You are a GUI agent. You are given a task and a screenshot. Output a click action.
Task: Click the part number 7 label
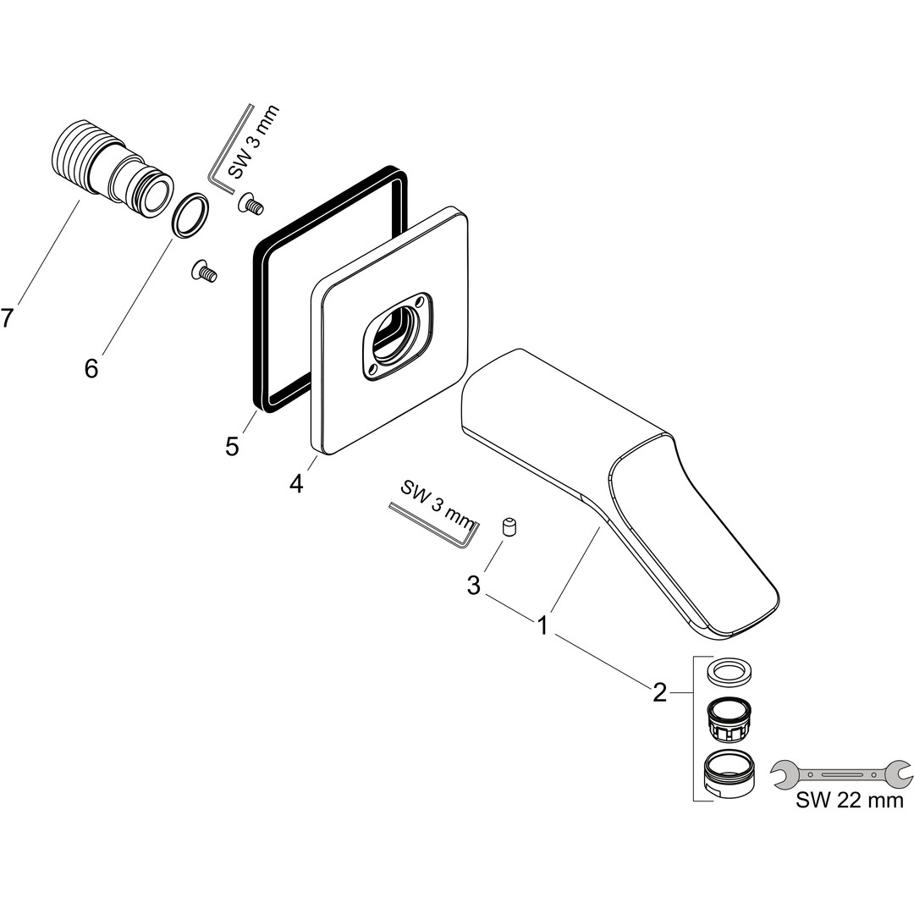click(x=7, y=318)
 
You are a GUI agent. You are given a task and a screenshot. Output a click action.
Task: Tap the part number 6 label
click(x=91, y=368)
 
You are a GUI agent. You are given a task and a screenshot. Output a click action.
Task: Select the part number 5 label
click(x=232, y=447)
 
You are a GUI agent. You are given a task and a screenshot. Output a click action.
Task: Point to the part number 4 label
click(x=297, y=484)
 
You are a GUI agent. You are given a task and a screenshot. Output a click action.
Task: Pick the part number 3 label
click(x=474, y=586)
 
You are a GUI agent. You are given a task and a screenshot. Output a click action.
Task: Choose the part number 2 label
click(x=659, y=693)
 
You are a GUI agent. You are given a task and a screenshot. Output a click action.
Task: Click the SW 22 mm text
click(x=850, y=801)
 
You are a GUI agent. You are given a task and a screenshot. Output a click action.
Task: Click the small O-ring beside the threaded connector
click(x=190, y=215)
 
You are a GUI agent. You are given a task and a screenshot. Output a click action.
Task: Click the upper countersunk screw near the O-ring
click(x=251, y=203)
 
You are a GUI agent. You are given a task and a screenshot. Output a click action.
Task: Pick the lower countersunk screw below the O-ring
click(x=205, y=271)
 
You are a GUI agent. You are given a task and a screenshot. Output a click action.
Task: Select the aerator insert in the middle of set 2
click(x=729, y=720)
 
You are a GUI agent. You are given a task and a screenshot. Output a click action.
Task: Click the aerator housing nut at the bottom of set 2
click(x=728, y=775)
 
